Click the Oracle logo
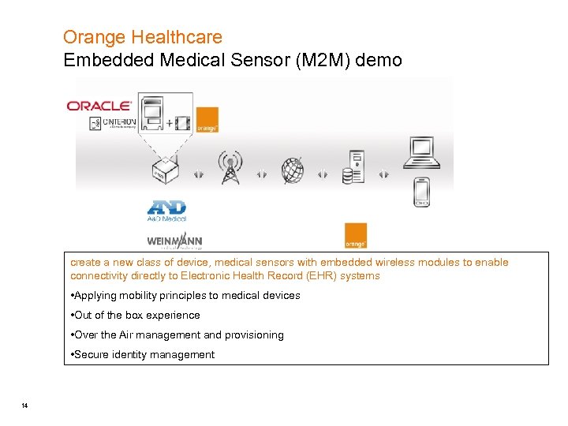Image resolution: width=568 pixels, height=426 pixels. pyautogui.click(x=99, y=106)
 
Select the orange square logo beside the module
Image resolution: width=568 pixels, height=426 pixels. pyautogui.click(x=207, y=119)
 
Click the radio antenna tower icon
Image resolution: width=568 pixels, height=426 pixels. pyautogui.click(x=230, y=166)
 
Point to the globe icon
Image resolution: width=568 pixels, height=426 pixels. pyautogui.click(x=293, y=170)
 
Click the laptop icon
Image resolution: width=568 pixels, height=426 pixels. pyautogui.click(x=420, y=152)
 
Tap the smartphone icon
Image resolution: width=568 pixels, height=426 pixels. pyautogui.click(x=422, y=192)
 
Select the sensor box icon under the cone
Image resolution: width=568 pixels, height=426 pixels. pyautogui.click(x=163, y=171)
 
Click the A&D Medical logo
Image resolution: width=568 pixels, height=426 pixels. pyautogui.click(x=166, y=211)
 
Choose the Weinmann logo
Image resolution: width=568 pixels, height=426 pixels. pyautogui.click(x=174, y=241)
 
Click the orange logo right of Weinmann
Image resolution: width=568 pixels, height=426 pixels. pyautogui.click(x=355, y=235)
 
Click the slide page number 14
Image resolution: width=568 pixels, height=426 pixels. pyautogui.click(x=25, y=405)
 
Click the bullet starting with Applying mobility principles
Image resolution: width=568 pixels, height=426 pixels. pyautogui.click(x=185, y=295)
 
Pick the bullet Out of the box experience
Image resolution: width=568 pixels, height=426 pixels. pyautogui.click(x=136, y=315)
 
